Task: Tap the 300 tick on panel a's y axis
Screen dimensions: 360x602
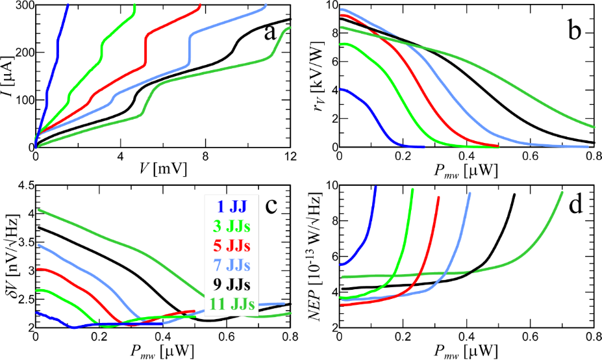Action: [19, 6]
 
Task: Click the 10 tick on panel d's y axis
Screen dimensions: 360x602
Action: [328, 186]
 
